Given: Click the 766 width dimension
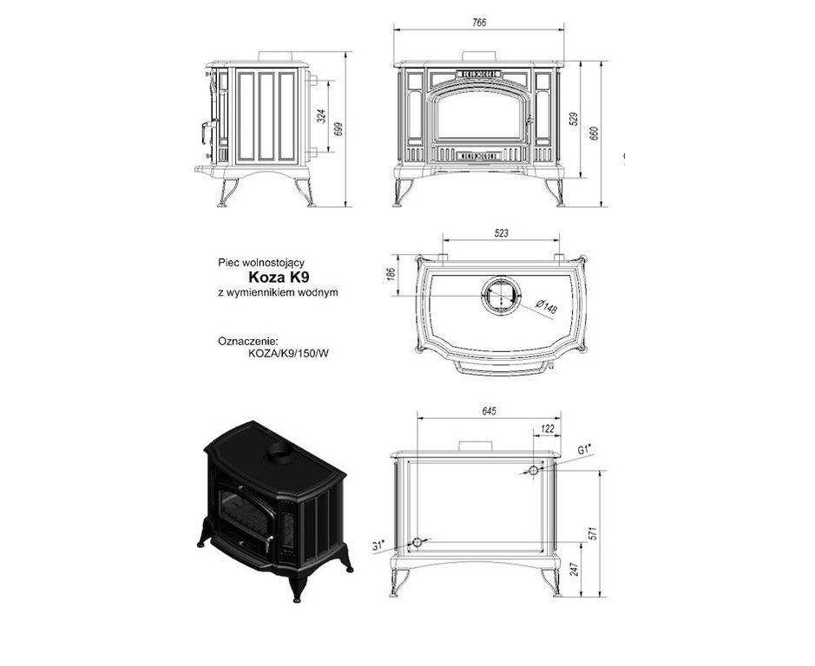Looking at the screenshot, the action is click(479, 23).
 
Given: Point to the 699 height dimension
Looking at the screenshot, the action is click(338, 129).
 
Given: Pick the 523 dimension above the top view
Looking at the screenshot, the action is click(501, 233).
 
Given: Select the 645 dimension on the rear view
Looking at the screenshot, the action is click(490, 411).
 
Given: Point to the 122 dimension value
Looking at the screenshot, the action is click(548, 429).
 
